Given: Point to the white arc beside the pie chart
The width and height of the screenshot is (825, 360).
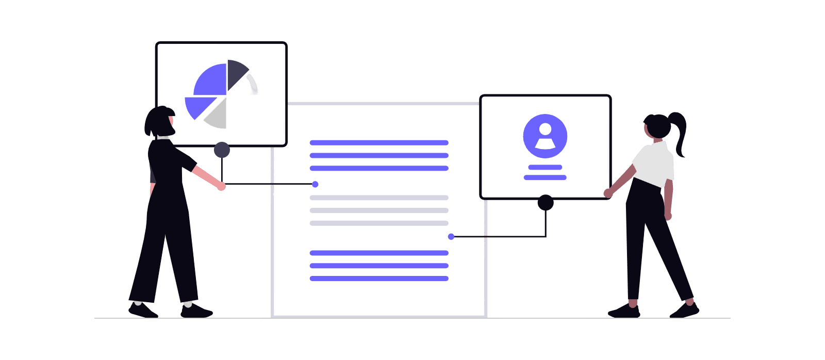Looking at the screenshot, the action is (253, 84).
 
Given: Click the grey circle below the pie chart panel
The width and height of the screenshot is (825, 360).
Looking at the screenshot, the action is (222, 150).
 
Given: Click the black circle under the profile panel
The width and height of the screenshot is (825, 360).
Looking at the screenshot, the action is (546, 202).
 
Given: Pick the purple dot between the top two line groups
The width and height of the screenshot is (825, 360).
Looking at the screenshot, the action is (315, 184).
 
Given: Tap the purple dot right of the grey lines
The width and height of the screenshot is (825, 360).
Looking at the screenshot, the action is (451, 237).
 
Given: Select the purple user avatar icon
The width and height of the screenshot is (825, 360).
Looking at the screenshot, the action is (545, 136).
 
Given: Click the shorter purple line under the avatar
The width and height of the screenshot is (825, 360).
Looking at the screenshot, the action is (545, 167).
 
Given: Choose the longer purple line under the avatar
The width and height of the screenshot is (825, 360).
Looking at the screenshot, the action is (545, 177).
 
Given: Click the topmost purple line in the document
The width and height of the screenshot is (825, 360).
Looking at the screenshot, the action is (379, 142).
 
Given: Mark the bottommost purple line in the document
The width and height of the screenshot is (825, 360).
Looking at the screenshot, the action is (379, 279).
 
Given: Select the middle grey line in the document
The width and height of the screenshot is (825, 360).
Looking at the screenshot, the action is (379, 210).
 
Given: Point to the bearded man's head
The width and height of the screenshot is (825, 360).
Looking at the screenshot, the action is (160, 122).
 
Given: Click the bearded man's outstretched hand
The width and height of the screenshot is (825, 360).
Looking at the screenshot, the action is (221, 186).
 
